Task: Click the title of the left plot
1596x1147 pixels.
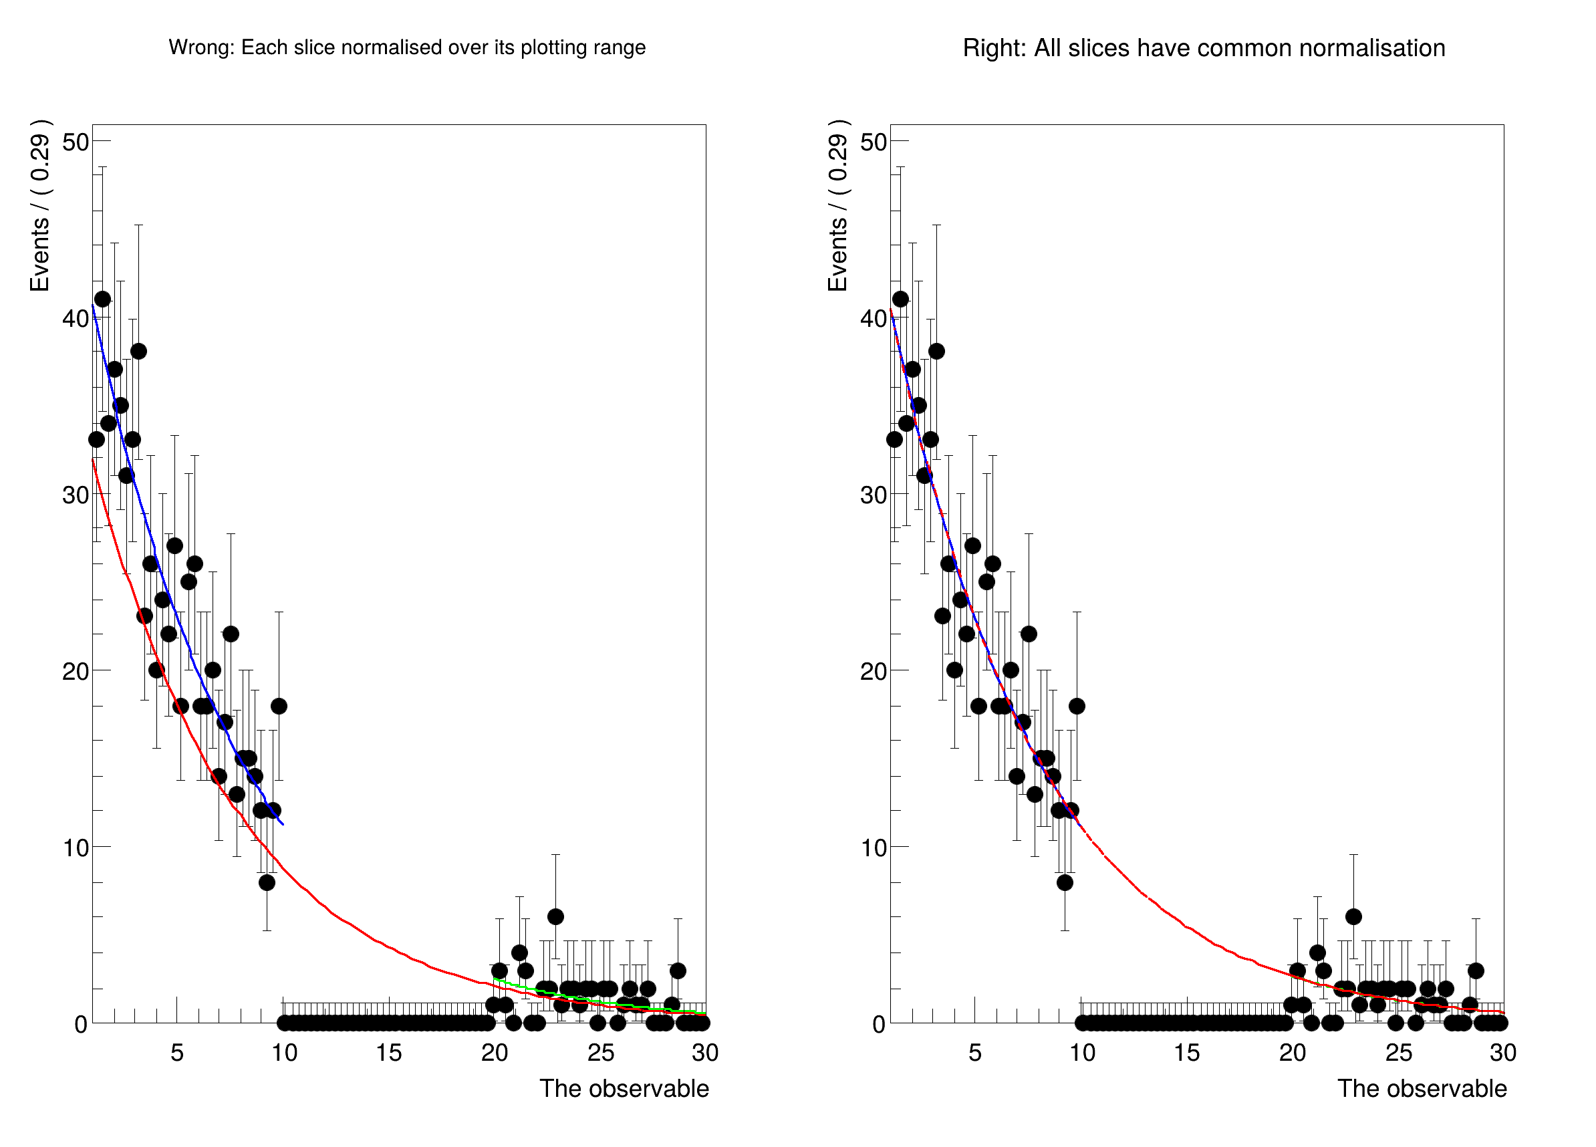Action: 407,47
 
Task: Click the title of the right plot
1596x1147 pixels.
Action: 1203,48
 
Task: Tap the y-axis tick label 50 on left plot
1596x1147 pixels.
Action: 76,142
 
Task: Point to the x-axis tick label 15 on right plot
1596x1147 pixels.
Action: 1186,1053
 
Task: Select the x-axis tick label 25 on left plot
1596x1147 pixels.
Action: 600,1053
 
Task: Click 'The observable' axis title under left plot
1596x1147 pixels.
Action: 624,1089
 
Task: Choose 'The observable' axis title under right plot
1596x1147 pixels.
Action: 1422,1089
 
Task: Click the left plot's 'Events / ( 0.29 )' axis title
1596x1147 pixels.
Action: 40,205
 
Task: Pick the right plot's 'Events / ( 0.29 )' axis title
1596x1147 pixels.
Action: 837,205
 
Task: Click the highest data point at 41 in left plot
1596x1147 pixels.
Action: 103,299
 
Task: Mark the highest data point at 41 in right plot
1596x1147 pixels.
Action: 901,299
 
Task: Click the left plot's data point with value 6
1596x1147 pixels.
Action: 555,916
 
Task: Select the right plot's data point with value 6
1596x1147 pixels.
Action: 1353,916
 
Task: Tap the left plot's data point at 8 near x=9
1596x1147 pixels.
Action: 267,882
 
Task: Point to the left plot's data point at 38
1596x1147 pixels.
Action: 138,351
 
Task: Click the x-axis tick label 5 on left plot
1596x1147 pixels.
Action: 176,1053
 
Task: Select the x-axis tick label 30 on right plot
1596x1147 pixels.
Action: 1502,1053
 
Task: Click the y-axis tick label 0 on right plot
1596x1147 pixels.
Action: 878,1025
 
